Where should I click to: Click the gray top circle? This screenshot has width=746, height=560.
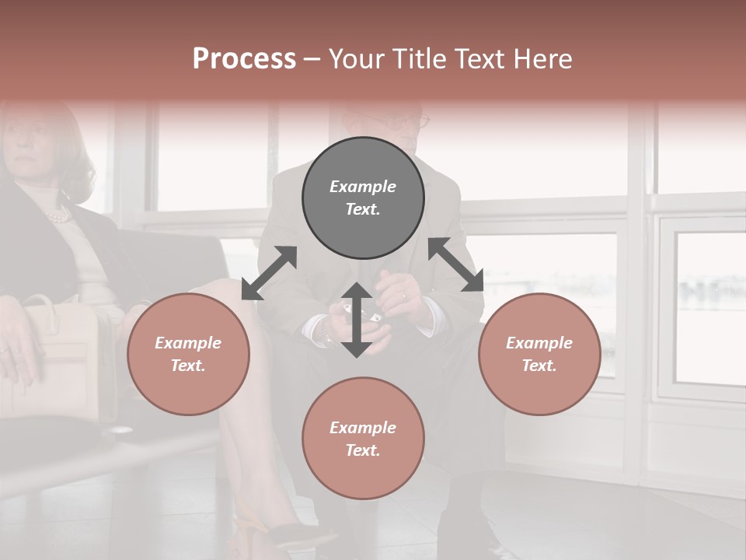click(363, 198)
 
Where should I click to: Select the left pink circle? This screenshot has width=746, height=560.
click(188, 354)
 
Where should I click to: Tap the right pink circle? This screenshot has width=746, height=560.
click(539, 354)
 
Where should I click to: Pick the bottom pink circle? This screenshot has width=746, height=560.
click(363, 439)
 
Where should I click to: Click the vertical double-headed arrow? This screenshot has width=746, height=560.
click(357, 320)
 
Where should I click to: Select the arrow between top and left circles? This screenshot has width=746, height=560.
click(269, 273)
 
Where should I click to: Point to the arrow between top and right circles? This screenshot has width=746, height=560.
click(456, 264)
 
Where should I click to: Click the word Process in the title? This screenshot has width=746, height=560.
click(244, 58)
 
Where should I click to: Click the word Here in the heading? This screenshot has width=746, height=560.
click(544, 58)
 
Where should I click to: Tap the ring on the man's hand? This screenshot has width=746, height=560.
click(403, 296)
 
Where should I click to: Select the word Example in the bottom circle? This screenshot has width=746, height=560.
click(363, 428)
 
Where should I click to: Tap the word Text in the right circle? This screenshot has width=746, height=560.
click(539, 366)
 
